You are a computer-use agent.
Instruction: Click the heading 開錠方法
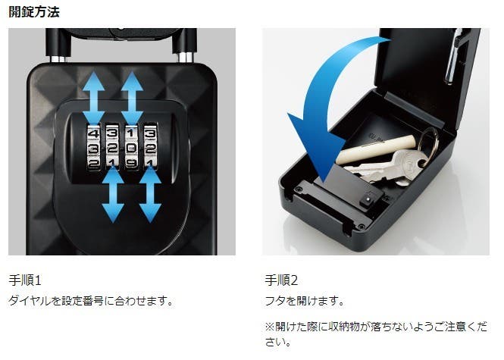(34, 12)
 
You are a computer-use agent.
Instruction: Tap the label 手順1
(25, 280)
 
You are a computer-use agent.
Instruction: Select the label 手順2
(281, 280)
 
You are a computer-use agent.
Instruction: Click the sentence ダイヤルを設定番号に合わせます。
(91, 301)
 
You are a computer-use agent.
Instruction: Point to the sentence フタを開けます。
(305, 301)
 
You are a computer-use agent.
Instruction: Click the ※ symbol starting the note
(270, 327)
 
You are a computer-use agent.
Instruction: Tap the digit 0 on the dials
(131, 148)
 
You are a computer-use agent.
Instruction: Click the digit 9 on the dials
(131, 162)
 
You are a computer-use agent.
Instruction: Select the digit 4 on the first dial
(93, 133)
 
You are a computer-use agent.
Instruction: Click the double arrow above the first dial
(93, 98)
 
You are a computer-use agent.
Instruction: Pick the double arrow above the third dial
(132, 98)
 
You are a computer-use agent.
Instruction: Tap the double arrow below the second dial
(113, 195)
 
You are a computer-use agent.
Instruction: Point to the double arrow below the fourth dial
(150, 195)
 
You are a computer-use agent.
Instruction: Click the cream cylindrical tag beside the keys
(375, 150)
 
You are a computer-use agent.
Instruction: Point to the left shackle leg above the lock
(56, 45)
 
